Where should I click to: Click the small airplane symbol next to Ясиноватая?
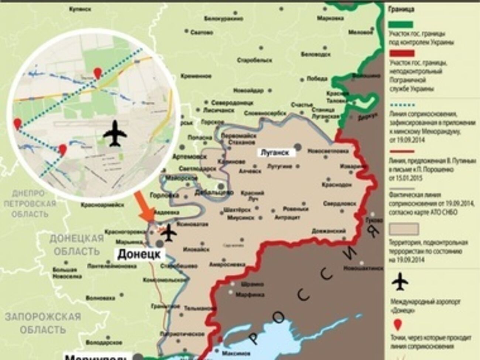tap(169, 233)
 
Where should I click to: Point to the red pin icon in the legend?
tap(398, 325)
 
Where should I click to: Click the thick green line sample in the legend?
tap(400, 24)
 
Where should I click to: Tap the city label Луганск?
tap(275, 152)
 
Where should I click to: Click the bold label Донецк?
tap(139, 255)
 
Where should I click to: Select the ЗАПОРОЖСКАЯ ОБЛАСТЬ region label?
tap(43, 323)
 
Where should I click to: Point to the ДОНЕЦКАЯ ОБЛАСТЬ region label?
tap(77, 245)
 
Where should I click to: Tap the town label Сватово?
tap(202, 32)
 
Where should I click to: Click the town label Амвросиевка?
tap(227, 265)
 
